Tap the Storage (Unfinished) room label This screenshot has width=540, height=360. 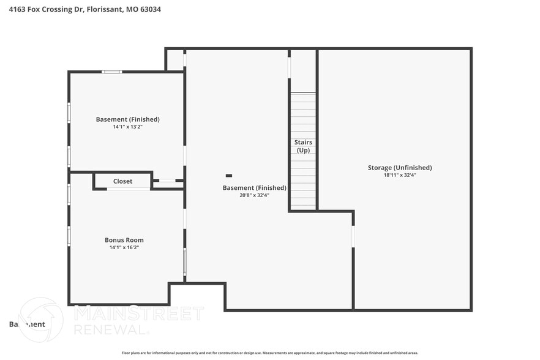(x=400, y=168)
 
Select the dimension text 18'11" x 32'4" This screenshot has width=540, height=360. (x=400, y=176)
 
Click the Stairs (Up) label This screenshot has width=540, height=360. (x=303, y=146)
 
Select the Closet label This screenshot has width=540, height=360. (x=122, y=181)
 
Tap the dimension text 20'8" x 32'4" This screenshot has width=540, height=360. (x=254, y=195)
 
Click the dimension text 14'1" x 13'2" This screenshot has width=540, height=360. (x=127, y=127)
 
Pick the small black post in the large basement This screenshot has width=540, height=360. (x=229, y=176)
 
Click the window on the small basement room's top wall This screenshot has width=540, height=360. (x=111, y=72)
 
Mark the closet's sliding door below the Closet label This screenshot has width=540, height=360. (x=129, y=189)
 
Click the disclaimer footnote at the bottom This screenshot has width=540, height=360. (x=269, y=353)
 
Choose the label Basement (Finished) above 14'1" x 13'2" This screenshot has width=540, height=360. (x=127, y=119)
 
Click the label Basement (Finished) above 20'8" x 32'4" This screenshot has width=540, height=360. (x=254, y=188)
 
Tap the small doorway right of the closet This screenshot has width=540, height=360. (x=167, y=181)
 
